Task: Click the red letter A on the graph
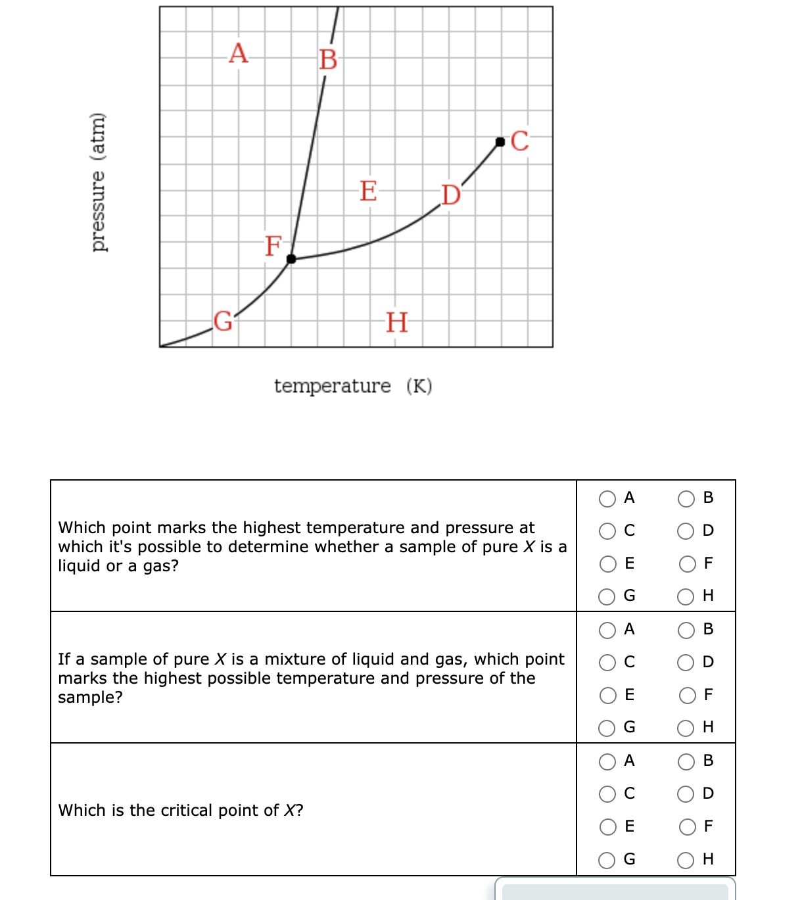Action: coord(239,53)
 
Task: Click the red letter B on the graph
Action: coord(328,59)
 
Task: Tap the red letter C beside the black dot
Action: coord(519,141)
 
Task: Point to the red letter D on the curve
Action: coord(451,195)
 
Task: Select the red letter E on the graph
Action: coord(368,191)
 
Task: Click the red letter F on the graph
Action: coord(273,246)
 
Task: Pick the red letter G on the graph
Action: coord(224,321)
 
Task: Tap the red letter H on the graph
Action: coord(396,323)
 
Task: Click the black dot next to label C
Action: coord(500,141)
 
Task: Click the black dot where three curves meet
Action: coord(291,259)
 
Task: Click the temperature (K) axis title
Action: coord(353,386)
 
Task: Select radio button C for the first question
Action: coord(607,531)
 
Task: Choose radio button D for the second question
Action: coord(686,663)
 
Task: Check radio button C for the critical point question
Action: coord(607,794)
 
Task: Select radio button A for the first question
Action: coord(607,499)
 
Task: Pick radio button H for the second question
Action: coord(686,728)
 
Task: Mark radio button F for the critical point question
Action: coord(687,827)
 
